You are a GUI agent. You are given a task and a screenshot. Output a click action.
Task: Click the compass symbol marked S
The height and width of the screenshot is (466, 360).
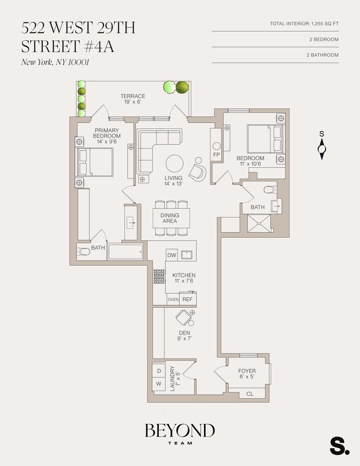point(321,149)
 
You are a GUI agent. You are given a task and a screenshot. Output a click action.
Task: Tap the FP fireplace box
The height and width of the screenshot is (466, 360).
point(216,154)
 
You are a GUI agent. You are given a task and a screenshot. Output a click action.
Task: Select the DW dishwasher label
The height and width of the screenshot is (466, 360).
point(171,255)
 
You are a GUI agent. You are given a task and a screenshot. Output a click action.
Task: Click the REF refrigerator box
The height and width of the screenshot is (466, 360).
point(187,299)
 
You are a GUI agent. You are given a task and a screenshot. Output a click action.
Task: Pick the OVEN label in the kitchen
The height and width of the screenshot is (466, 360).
point(173,300)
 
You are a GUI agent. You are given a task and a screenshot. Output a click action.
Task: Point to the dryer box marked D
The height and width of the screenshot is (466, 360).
point(158,370)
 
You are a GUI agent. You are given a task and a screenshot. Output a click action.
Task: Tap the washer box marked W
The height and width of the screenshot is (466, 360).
point(158,384)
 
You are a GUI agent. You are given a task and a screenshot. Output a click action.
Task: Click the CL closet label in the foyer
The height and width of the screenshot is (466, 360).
point(250,394)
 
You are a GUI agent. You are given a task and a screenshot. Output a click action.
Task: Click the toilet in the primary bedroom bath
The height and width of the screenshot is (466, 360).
point(84,252)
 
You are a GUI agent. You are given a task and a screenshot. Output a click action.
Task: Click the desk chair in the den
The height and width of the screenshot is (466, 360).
point(183,318)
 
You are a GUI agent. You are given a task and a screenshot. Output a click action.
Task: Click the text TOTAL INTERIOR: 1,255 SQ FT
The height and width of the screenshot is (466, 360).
point(304,24)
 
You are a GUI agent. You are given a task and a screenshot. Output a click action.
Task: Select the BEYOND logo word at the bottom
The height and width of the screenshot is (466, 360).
point(180,431)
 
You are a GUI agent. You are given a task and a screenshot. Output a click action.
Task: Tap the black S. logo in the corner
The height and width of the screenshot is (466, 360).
point(339,446)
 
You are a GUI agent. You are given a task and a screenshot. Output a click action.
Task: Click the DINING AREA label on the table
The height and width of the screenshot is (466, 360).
point(170,218)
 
